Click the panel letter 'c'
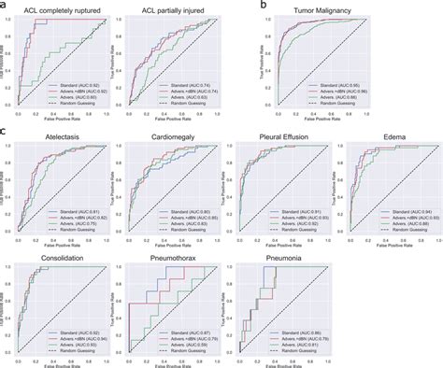click(x=5, y=132)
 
